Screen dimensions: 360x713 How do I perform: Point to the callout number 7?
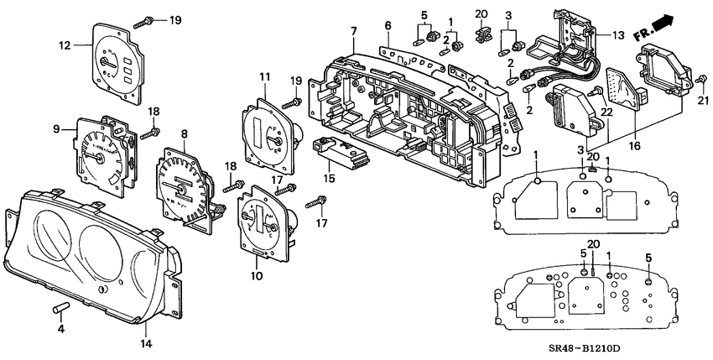353,31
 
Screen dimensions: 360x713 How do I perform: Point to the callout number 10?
255,274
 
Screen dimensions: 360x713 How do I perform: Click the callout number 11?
264,77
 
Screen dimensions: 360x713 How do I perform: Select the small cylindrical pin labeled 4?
61,309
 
